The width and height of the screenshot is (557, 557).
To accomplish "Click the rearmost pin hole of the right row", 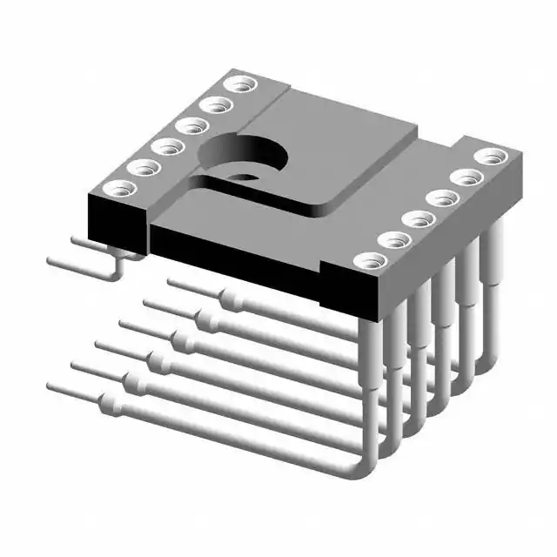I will pyautogui.click(x=490, y=157).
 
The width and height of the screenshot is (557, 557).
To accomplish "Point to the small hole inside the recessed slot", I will pyautogui.click(x=246, y=178).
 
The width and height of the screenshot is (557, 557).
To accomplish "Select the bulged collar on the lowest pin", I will pyautogui.click(x=110, y=403).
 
